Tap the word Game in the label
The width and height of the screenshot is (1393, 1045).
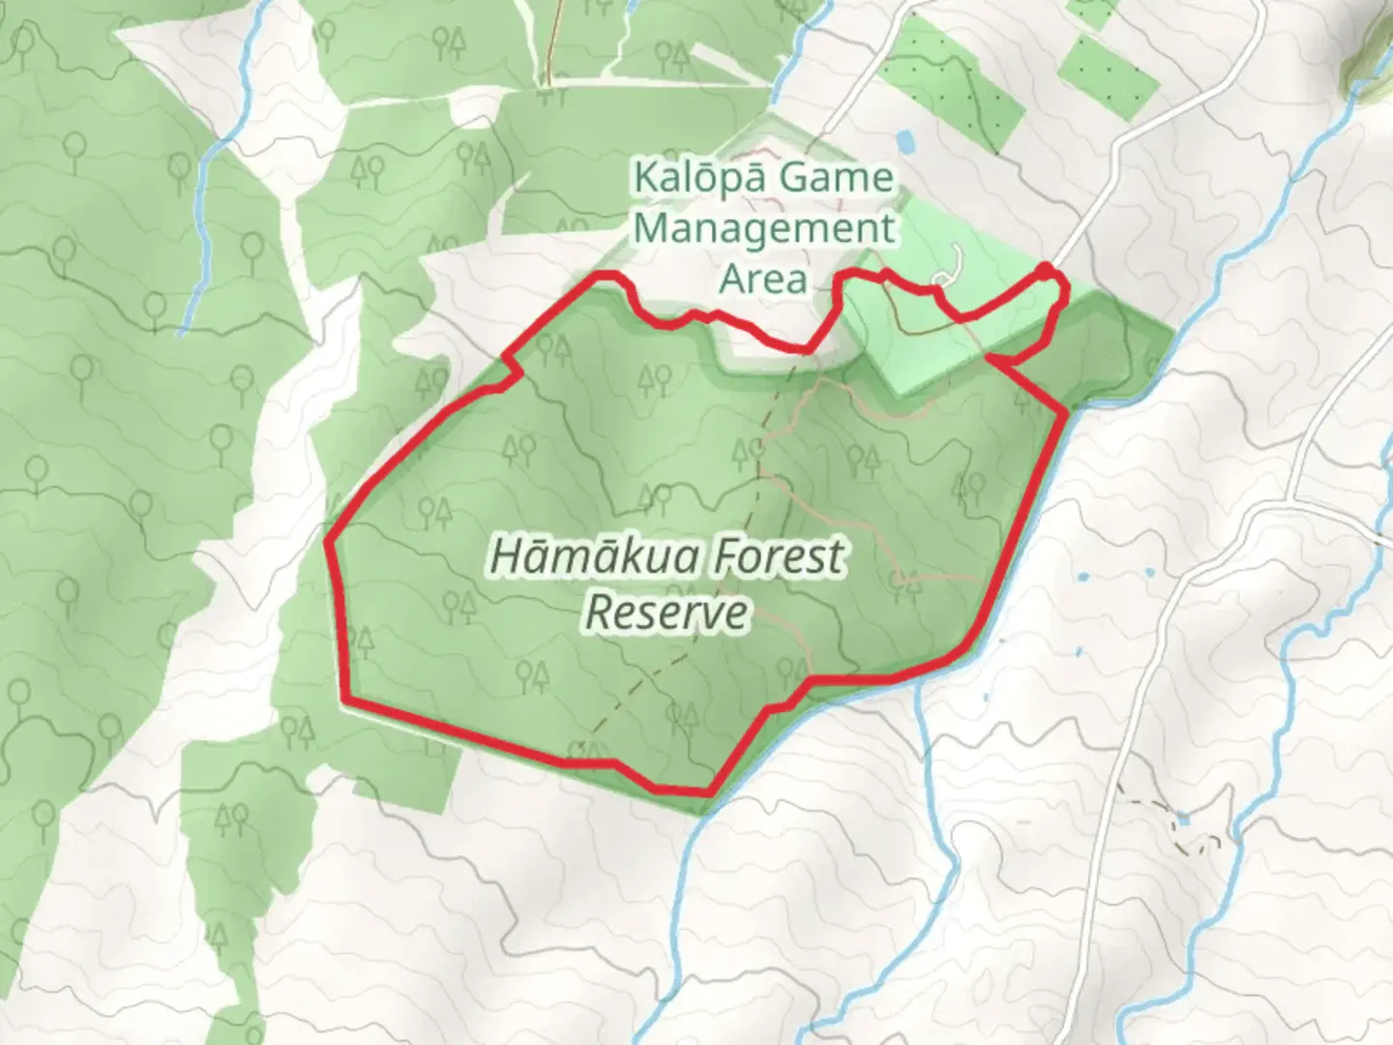point(837,179)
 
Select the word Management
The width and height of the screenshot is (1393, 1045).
point(766,229)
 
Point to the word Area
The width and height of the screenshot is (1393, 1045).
point(764,280)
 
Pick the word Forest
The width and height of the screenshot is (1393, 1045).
point(774,557)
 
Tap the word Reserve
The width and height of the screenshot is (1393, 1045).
point(667,612)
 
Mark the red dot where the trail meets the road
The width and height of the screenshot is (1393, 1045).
point(1047,268)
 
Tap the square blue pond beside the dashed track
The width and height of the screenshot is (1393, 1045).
point(1182,821)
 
